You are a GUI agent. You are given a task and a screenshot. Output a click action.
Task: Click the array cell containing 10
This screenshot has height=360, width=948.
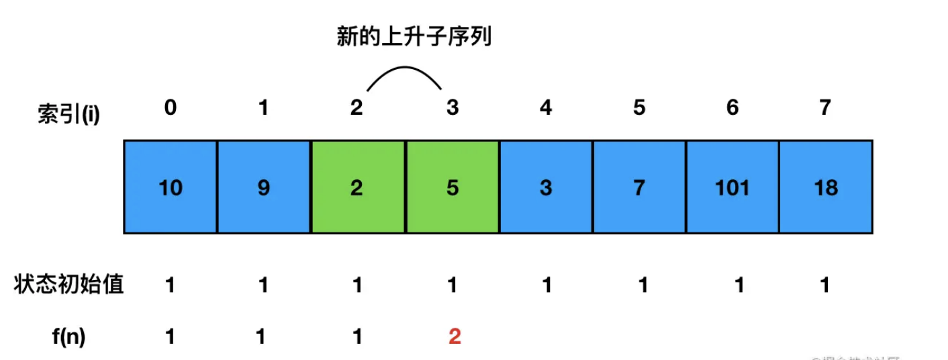pos(171,187)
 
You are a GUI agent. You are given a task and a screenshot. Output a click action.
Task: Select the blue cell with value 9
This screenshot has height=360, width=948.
pos(264,187)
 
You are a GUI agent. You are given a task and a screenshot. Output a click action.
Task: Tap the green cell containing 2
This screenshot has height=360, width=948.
pos(357,187)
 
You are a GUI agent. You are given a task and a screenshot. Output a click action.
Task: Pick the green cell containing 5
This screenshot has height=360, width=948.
pos(452,187)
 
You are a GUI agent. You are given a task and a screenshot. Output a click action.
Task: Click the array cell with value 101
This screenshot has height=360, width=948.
pos(732,187)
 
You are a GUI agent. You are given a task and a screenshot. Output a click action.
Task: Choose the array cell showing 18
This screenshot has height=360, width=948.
pos(826,187)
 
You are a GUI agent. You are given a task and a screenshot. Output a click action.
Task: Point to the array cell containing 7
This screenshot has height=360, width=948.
pos(639,187)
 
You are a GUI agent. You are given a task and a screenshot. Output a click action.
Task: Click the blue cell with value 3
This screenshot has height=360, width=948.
pos(545,187)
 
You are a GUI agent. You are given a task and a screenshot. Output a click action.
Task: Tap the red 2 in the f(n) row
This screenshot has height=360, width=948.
pos(455,336)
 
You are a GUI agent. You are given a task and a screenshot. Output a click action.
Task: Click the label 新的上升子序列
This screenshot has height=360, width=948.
pos(414,37)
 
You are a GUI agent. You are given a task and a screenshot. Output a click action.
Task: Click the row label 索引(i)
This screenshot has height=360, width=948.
pos(68,115)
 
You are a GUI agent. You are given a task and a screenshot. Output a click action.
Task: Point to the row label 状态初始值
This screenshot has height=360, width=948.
pos(68,285)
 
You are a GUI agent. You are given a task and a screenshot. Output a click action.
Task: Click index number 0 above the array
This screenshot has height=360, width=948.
pos(171,107)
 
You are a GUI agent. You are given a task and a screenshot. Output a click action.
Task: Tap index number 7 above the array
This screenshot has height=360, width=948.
pos(826,107)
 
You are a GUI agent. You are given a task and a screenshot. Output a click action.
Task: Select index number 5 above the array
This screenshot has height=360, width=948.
pos(639,107)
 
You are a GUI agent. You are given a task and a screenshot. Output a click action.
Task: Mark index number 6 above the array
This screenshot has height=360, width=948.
pos(732,107)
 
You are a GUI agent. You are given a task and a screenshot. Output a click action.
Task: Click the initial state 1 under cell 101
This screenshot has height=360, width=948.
pos(739,285)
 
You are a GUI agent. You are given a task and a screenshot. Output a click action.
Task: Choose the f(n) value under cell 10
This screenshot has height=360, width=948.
pos(171,336)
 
